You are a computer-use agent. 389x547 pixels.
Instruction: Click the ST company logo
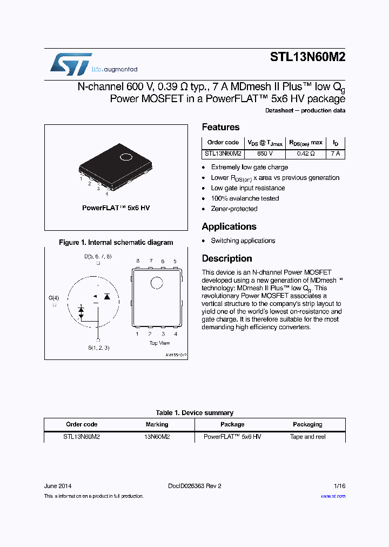[71, 63]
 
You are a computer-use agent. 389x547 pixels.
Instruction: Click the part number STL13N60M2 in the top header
[307, 59]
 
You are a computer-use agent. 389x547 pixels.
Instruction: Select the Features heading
[220, 128]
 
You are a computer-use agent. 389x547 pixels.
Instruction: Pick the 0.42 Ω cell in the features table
[305, 154]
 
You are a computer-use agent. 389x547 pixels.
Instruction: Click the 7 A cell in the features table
[336, 154]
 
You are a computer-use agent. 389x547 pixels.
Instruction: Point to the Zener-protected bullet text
[234, 209]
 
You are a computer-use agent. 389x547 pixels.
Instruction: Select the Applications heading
[229, 227]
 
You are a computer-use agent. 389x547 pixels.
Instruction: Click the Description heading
[227, 259]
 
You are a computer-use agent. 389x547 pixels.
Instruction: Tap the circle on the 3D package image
[126, 157]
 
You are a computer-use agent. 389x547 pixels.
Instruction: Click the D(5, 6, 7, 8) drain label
[98, 256]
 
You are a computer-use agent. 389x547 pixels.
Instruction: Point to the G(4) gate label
[53, 298]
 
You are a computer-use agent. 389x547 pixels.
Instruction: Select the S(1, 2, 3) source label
[98, 348]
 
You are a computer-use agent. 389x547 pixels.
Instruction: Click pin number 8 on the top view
[138, 261]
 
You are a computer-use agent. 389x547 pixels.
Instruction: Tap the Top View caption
[159, 343]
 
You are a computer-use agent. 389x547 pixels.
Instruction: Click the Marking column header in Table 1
[157, 425]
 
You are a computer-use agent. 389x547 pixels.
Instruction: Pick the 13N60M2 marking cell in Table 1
[157, 437]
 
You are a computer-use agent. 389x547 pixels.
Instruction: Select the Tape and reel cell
[307, 437]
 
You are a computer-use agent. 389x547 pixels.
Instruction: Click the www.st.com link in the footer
[333, 496]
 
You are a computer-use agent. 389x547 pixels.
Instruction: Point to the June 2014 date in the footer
[57, 486]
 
